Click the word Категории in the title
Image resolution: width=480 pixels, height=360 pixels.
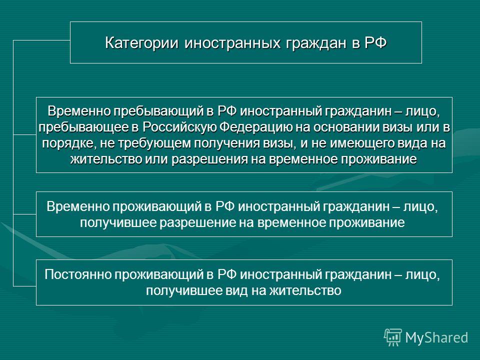pyautogui.click(x=141, y=43)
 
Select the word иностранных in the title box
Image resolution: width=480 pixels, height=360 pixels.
pyautogui.click(x=232, y=43)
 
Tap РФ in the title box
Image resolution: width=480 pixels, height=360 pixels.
pyautogui.click(x=375, y=42)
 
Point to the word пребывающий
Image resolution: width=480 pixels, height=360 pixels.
pyautogui.click(x=158, y=111)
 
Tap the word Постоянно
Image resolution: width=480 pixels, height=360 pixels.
pyautogui.click(x=78, y=274)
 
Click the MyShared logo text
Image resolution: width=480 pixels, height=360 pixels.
pyautogui.click(x=437, y=337)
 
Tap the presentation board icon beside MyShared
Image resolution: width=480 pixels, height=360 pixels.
pyautogui.click(x=393, y=337)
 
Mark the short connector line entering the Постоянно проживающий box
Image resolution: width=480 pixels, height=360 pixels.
pyautogui.click(x=25, y=286)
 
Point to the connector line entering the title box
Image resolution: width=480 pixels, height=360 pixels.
pyautogui.click(x=41, y=40)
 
